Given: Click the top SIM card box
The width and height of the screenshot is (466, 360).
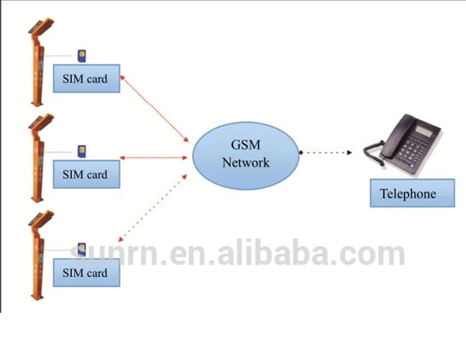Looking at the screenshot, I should pos(85,79).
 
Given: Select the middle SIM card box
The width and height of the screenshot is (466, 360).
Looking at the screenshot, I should pos(85,174).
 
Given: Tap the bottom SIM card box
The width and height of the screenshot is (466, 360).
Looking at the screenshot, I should pos(85,273).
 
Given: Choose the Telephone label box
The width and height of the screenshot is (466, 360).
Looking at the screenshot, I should pos(407,194).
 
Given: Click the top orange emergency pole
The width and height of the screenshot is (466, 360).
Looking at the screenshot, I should pos(36,66).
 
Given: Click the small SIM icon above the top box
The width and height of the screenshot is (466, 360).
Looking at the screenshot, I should pos(82,55).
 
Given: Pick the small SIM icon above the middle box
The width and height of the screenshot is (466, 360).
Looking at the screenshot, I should pos(82,150).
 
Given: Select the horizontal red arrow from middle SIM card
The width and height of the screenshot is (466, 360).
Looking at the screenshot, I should pos(155,158).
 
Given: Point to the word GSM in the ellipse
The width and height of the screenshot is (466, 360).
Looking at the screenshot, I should pos(245,146).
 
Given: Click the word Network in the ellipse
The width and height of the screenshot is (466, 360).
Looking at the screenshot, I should pos(245,163).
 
